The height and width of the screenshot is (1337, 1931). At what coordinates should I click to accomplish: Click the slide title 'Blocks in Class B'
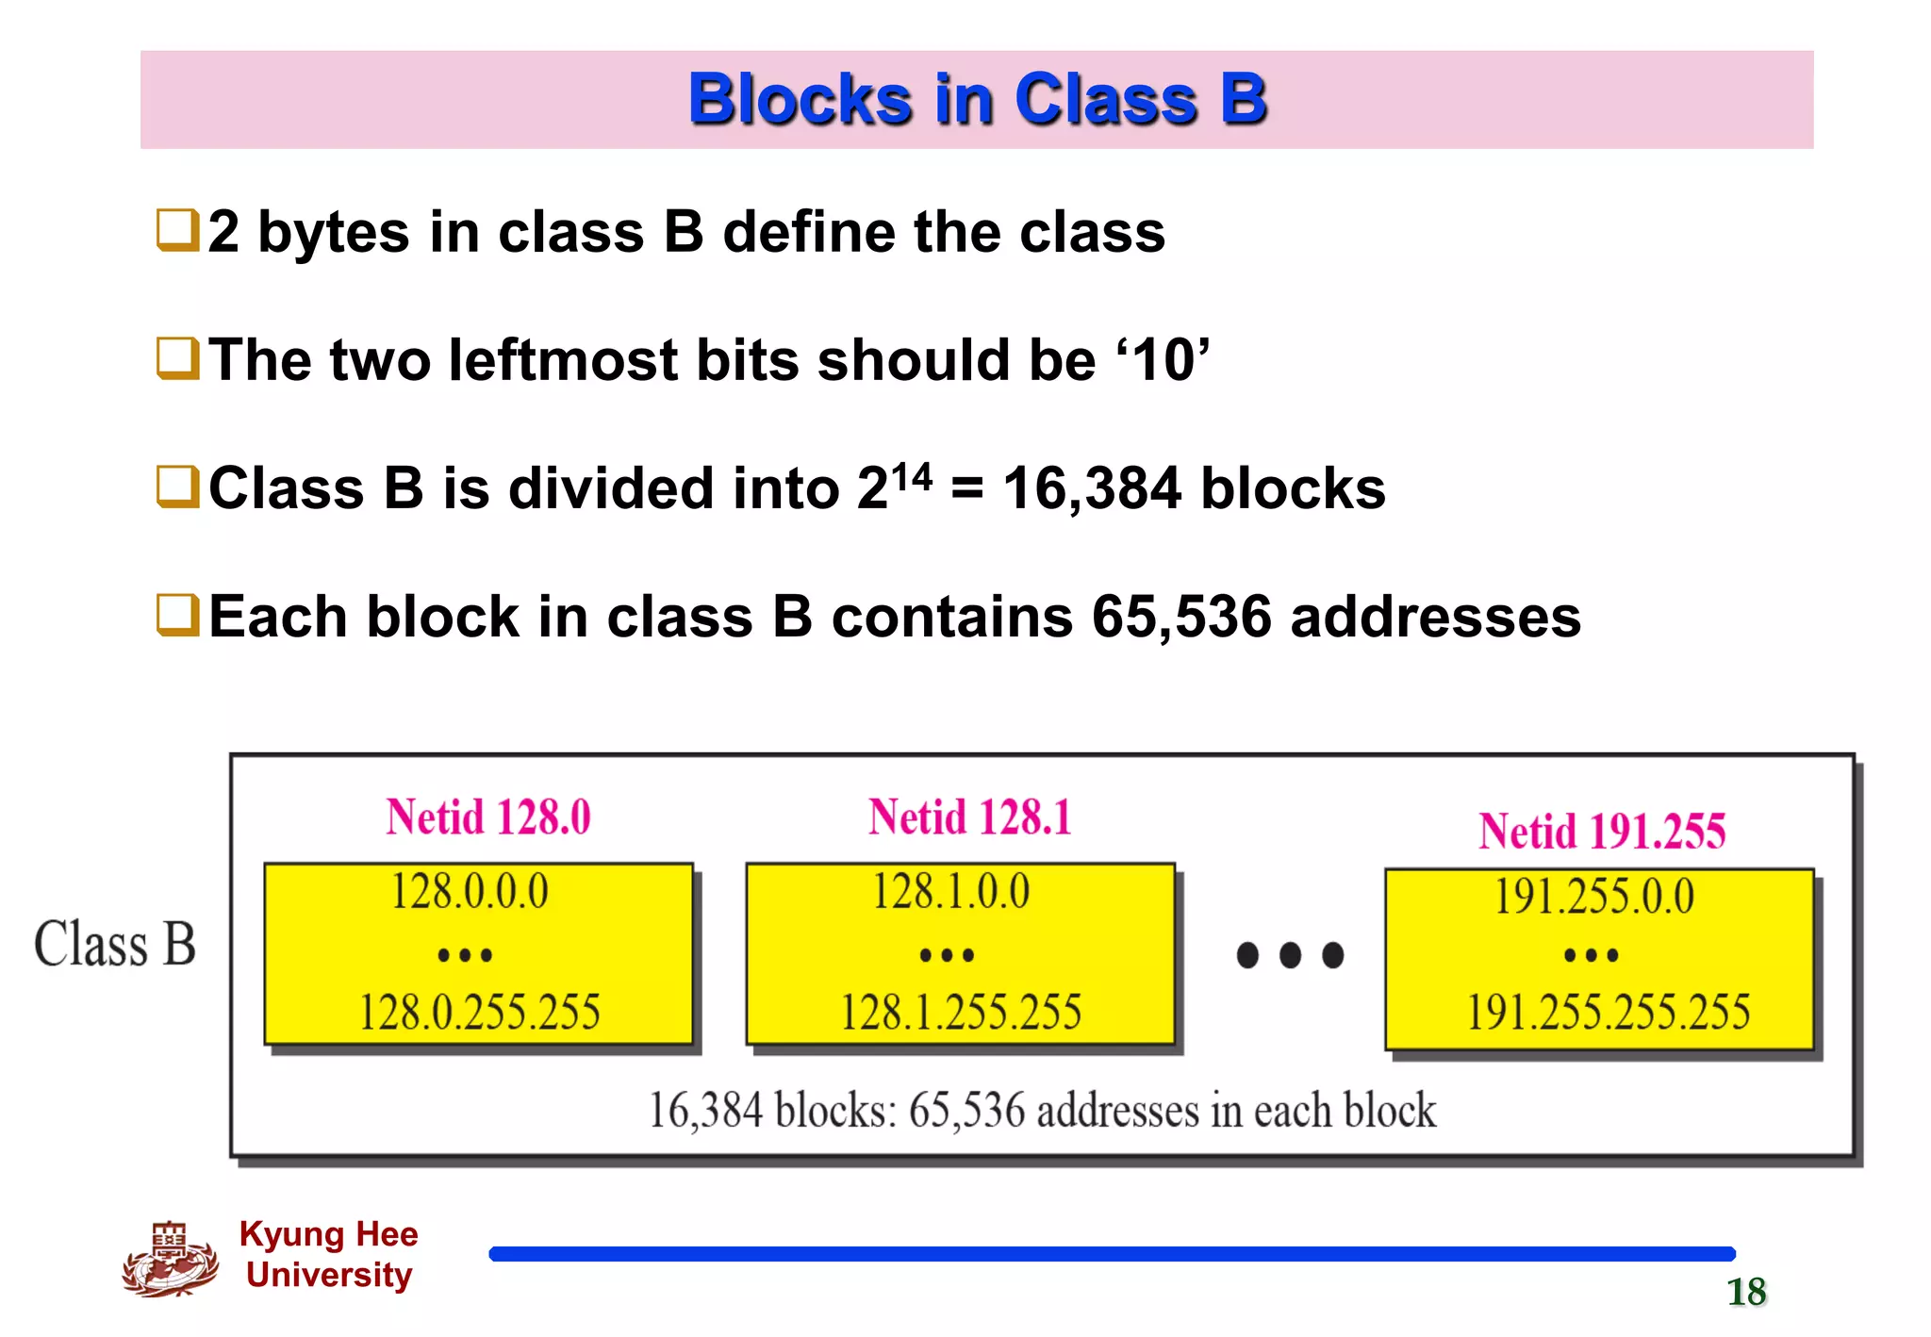point(977,99)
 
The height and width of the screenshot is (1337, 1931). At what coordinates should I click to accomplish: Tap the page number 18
point(1746,1292)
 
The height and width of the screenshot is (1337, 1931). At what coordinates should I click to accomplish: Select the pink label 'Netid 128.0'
point(488,817)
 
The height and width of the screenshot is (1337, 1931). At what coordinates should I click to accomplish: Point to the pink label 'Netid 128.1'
point(970,817)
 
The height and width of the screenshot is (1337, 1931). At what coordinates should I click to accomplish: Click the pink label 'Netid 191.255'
point(1602,832)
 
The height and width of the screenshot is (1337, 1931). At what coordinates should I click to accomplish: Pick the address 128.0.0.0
point(470,891)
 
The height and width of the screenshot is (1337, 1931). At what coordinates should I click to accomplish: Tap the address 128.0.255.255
point(479,1012)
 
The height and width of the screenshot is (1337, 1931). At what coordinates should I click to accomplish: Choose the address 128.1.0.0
point(951,891)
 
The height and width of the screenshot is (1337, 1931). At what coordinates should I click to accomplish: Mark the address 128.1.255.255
point(961,1012)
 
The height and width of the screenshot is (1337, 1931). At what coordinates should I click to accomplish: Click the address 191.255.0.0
point(1594,896)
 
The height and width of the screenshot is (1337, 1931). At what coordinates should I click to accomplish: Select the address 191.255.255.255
point(1608,1012)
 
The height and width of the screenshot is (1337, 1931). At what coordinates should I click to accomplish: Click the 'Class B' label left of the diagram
point(115,944)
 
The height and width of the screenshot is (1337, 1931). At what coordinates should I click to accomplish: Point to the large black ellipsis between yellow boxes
point(1290,955)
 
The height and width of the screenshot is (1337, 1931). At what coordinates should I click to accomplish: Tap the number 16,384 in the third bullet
point(1091,489)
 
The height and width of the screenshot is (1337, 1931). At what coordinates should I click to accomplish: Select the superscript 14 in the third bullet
point(912,476)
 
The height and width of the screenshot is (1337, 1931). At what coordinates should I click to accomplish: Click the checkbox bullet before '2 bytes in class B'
point(177,231)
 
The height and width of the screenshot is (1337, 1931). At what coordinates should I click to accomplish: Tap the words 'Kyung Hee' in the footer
point(328,1233)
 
